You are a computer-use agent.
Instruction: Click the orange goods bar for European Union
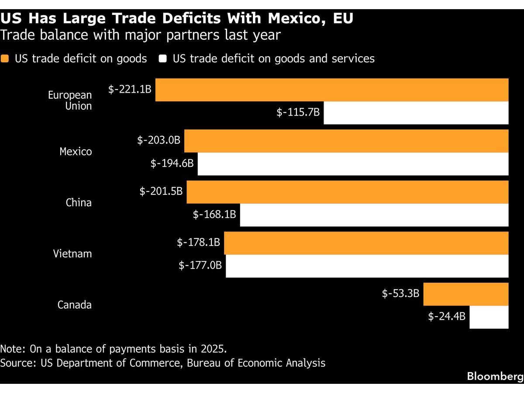[332, 90]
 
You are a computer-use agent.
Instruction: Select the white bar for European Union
[416, 113]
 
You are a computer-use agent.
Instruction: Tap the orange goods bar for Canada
[466, 294]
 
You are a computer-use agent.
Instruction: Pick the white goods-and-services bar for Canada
[489, 317]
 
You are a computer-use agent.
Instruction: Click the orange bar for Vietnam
[366, 243]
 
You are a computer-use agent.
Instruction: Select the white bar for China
[374, 215]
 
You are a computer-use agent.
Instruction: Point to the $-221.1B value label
[130, 90]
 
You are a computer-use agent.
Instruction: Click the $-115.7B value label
[298, 112]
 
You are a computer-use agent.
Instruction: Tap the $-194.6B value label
[172, 163]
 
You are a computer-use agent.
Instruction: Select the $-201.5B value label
[161, 191]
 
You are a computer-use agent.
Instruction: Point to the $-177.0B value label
[200, 265]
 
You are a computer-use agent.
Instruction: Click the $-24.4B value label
[447, 317]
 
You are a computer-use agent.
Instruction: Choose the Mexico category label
[76, 152]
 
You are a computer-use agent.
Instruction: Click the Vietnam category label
[72, 254]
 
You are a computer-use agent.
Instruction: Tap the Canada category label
[75, 305]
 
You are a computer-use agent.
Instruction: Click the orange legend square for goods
[4, 59]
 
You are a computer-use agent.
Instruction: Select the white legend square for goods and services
[162, 59]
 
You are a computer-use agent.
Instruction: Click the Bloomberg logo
[495, 376]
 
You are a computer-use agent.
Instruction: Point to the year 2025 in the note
[214, 349]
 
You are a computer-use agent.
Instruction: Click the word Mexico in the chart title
[296, 18]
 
